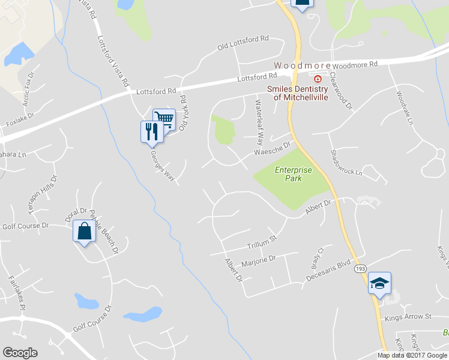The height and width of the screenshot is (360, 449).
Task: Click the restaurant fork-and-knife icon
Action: (151, 131)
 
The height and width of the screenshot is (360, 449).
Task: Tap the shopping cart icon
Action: (164, 119)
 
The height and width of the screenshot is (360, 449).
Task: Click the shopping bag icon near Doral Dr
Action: (84, 231)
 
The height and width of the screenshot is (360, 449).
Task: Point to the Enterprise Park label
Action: (294, 174)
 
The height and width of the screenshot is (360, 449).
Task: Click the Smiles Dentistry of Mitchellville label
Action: (298, 93)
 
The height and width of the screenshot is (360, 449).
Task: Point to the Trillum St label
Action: (261, 242)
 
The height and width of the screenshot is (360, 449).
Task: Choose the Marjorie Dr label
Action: (258, 260)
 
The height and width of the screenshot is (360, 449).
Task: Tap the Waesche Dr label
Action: (272, 148)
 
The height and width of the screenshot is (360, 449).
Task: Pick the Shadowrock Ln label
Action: (346, 163)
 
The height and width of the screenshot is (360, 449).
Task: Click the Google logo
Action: (20, 353)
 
